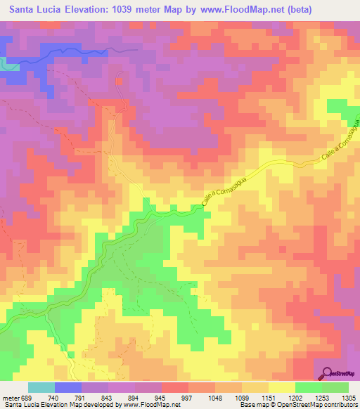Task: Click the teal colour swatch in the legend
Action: tap(41, 387)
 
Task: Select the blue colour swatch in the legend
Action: tap(67, 387)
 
